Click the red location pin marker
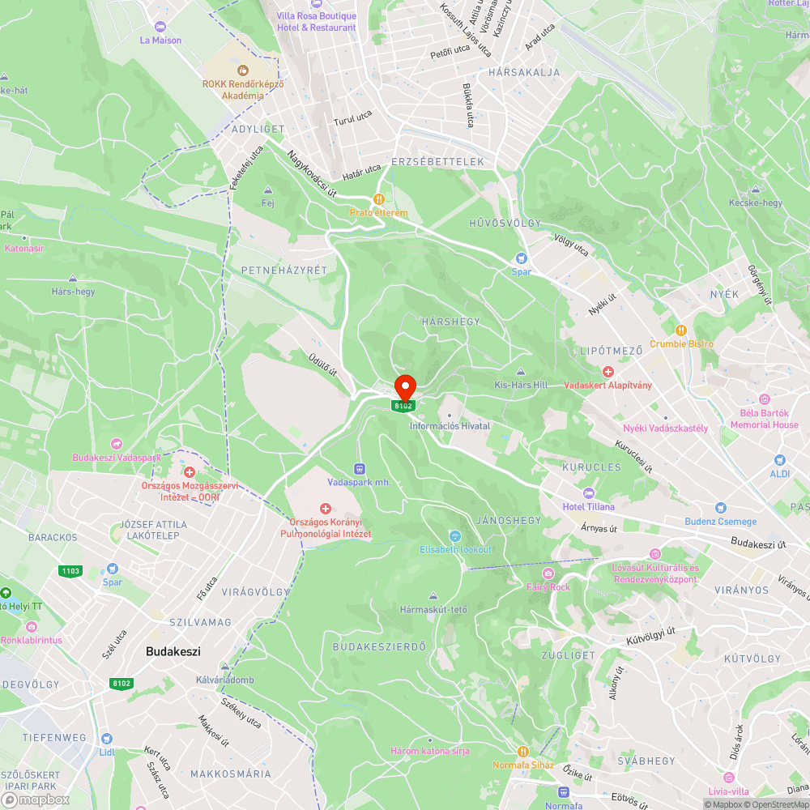[404, 386]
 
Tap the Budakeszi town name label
[173, 651]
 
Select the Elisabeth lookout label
[455, 549]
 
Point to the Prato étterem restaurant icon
[378, 199]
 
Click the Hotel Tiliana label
[588, 506]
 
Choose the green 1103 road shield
[70, 571]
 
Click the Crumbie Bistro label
[681, 343]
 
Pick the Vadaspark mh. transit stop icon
[360, 468]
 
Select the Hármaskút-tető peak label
[433, 609]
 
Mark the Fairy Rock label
[548, 586]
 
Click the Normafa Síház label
[523, 764]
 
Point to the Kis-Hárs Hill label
[521, 385]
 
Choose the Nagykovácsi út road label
[311, 173]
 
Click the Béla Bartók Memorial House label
[764, 419]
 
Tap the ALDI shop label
[779, 473]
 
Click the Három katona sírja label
[430, 751]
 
